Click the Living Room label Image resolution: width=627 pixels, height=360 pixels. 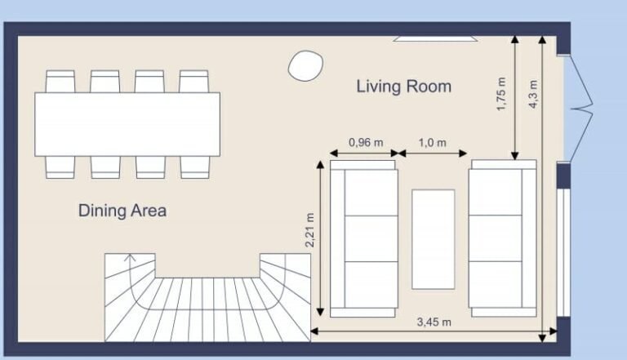pos(403,87)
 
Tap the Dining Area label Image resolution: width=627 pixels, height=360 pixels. pos(122,211)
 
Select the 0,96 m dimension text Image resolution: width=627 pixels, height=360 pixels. pos(365,142)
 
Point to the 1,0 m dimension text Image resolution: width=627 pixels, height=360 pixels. pos(432,142)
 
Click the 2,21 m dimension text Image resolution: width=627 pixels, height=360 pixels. pos(309,231)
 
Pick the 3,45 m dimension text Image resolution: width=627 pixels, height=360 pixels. pos(434,322)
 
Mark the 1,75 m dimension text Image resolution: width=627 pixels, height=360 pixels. pos(501,95)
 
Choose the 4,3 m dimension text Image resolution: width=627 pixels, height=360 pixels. pos(533,93)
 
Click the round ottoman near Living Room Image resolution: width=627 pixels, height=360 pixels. pos(305,64)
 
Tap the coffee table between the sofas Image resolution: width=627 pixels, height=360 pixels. pos(433,239)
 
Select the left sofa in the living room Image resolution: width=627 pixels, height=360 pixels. pos(363,238)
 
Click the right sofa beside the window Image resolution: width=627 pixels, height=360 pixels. pos(502,238)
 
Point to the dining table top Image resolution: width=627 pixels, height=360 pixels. pos(127,124)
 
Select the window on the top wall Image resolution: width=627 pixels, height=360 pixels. pos(434,38)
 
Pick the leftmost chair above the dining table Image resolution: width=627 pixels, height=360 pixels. pos(60,82)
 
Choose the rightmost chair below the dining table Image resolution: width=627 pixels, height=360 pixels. pos(194,167)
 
